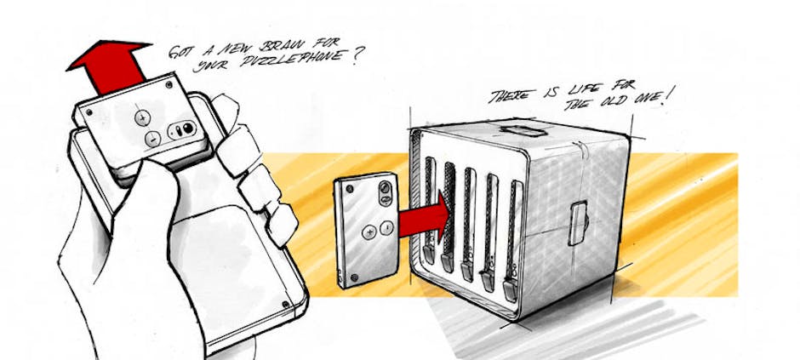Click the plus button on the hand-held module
(x=142, y=118)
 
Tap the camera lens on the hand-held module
(x=188, y=128)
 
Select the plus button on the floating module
(x=369, y=232)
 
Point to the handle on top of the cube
(x=523, y=130)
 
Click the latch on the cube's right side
(x=578, y=223)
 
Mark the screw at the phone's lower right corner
(x=286, y=305)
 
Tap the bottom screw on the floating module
(x=354, y=278)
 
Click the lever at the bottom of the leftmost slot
(x=429, y=254)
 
